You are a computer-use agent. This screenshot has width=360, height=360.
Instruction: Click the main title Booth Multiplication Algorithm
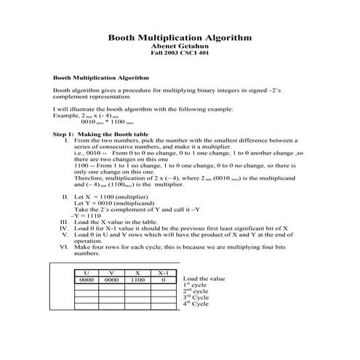pos(180,36)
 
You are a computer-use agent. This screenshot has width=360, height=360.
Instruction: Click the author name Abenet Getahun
pos(180,46)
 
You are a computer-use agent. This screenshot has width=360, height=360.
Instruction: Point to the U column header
pos(87,272)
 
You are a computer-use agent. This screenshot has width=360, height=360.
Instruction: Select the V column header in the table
pos(112,272)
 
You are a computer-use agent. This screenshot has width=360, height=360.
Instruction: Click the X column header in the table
pos(137,272)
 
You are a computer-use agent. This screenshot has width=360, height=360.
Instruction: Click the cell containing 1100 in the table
pos(137,279)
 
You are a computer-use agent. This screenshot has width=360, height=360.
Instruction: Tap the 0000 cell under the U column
pos(87,279)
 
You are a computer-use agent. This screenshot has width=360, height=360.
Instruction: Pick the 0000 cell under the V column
pos(112,279)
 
